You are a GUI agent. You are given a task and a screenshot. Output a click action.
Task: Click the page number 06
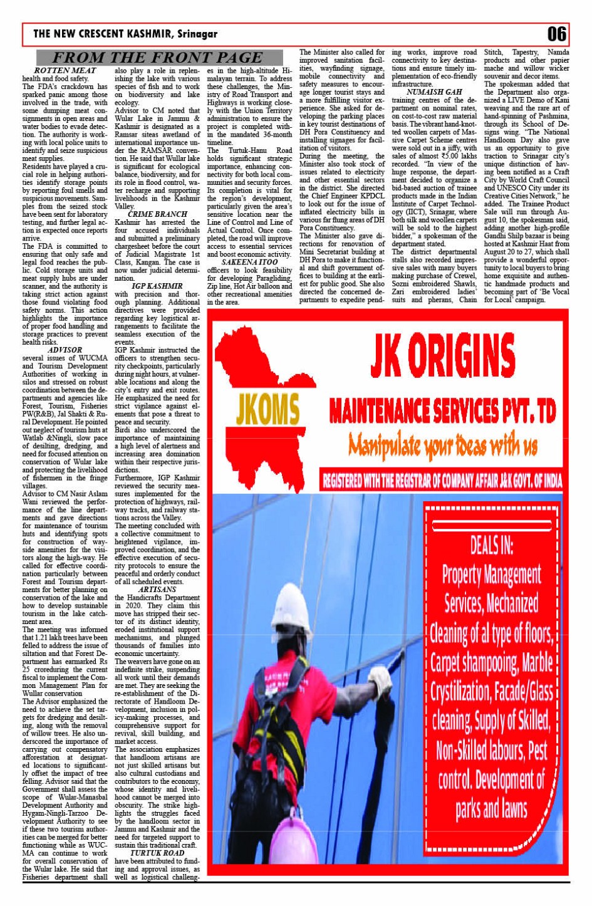556,33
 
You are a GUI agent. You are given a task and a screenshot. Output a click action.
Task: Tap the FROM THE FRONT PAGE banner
157,58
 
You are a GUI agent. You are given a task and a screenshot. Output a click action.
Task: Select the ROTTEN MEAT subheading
65,71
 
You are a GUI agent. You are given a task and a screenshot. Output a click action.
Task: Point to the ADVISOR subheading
65,350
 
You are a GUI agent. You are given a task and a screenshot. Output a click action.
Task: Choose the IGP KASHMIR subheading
157,286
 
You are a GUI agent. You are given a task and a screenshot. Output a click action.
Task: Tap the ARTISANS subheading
157,590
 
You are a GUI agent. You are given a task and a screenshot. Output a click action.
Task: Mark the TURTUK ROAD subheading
157,853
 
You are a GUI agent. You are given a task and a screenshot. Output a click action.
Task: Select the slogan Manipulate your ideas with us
443,445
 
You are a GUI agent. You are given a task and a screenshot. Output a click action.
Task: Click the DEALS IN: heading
491,545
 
